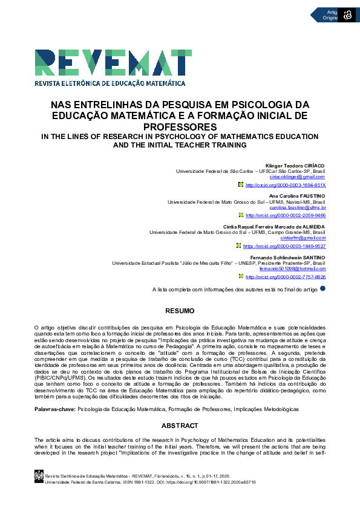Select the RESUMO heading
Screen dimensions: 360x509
click(180, 311)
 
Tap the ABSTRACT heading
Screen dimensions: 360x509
click(180, 426)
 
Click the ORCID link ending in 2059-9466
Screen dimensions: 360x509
click(285, 215)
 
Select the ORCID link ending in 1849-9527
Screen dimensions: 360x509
click(284, 246)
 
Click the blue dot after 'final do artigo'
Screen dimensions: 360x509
click(322, 289)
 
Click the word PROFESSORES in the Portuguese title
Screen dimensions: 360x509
click(180, 126)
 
